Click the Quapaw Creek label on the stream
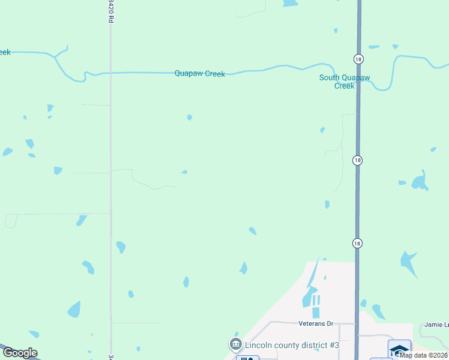click(x=199, y=74)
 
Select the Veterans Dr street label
click(x=315, y=323)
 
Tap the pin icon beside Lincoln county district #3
click(x=235, y=344)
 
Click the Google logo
click(x=20, y=353)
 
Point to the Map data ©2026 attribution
click(x=424, y=355)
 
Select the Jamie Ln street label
click(x=437, y=325)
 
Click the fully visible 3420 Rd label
click(x=110, y=11)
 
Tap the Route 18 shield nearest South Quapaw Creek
click(x=358, y=58)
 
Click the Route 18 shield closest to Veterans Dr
click(x=358, y=243)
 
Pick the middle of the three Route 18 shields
click(x=358, y=160)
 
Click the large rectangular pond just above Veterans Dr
click(x=316, y=313)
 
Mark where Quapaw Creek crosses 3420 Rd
click(x=110, y=73)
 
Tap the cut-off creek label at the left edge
click(x=5, y=52)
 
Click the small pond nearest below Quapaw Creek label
click(x=190, y=118)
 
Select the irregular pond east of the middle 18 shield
click(x=420, y=181)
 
